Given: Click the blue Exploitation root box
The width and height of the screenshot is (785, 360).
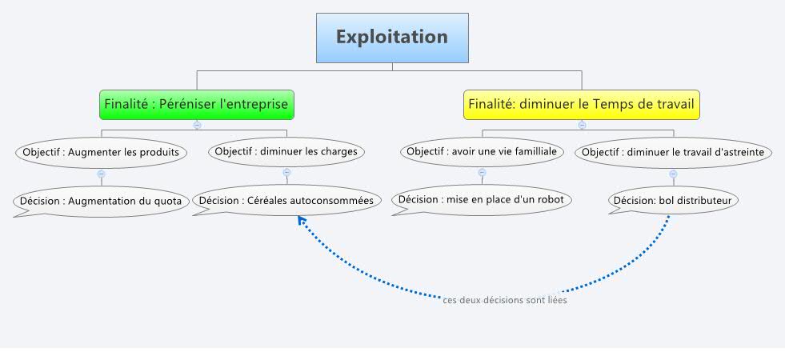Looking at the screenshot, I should coord(392,38).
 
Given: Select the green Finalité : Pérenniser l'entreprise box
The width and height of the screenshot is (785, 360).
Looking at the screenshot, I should coord(197,104).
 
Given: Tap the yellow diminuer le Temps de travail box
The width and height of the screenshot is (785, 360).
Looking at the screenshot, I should coord(582,104).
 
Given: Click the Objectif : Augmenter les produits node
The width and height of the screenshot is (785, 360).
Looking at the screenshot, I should coord(100,151).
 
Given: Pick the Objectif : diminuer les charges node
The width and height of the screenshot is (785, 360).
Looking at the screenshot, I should coord(286,151).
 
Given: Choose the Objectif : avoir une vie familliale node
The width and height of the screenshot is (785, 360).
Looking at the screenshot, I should coord(481,151).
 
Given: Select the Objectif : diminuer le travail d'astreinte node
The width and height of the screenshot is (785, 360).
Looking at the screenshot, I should coord(673,152).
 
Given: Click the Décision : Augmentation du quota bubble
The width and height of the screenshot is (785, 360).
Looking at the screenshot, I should coord(101,201).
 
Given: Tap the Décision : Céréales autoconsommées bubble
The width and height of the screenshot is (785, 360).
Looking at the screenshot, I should coord(286,201).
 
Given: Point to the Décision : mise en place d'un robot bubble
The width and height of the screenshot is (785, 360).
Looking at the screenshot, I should coord(481,199).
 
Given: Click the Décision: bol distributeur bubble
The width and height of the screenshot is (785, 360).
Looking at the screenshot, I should coord(672,200).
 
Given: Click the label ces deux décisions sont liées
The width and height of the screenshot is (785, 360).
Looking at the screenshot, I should coord(505,301).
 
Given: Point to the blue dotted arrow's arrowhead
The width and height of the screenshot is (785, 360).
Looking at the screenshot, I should coord(302,221).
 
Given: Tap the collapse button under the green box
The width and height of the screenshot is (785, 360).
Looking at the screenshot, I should coord(197,125).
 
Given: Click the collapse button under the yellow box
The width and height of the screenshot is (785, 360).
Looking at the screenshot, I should coord(582,125).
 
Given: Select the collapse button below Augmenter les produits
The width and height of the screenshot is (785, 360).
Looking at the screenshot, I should coord(101,173).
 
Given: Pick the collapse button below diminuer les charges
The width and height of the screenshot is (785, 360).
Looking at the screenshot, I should coord(286,172).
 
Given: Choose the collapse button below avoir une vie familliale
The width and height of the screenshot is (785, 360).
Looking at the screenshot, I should coord(482,172).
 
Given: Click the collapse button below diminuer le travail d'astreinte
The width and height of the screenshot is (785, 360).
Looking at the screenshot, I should coord(673,173).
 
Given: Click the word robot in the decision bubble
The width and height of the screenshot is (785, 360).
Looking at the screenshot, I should coord(550,199).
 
